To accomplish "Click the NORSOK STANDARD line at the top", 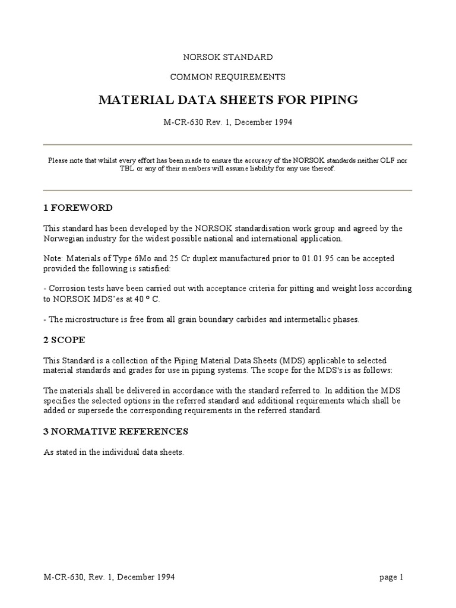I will [x=227, y=58].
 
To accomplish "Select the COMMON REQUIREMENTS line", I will [x=227, y=77].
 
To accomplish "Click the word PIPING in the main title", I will [x=331, y=100].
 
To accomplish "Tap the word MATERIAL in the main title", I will [x=129, y=100].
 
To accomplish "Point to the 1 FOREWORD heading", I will [x=78, y=208].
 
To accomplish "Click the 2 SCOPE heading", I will [x=64, y=340].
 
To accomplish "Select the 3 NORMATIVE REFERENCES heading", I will [x=116, y=430].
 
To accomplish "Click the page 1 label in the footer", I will [x=391, y=577].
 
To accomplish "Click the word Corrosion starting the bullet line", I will [x=68, y=289].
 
